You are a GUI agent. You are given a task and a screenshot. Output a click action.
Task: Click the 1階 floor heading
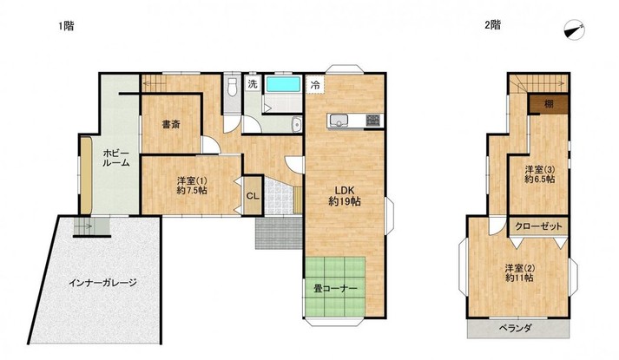pos(66,26)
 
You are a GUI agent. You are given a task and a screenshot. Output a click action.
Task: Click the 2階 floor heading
pos(492,25)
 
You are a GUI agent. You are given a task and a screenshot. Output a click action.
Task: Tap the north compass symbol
pos(575,30)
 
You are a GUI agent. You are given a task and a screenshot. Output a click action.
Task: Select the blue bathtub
pos(283,84)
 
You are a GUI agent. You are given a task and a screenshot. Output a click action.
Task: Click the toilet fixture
pos(232,87)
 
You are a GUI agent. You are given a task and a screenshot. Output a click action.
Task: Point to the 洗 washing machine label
pos(253,83)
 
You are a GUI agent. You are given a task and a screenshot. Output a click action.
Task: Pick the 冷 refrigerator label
pos(315,84)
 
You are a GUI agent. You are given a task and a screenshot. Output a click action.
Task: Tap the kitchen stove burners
pos(373,121)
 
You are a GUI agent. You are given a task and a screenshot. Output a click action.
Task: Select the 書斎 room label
pos(171,124)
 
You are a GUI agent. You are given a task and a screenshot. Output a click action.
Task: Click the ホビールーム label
pos(116,158)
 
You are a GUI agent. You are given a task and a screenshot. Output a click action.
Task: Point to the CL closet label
pos(253,196)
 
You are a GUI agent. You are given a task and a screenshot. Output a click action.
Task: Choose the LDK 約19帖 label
pos(345,195)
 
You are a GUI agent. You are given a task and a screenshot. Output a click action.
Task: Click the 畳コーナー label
pos(335,289)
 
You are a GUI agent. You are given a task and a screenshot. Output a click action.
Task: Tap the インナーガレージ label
pos(102,283)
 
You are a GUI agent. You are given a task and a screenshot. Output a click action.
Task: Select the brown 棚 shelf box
pos(549,104)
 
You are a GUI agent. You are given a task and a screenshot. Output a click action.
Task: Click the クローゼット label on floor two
pos(538,226)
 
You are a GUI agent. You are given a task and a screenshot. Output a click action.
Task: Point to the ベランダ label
pos(516,328)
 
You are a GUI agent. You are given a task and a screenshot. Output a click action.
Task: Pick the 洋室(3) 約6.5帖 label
pos(540,174)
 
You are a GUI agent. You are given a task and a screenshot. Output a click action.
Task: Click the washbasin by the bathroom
pos(295,125)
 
